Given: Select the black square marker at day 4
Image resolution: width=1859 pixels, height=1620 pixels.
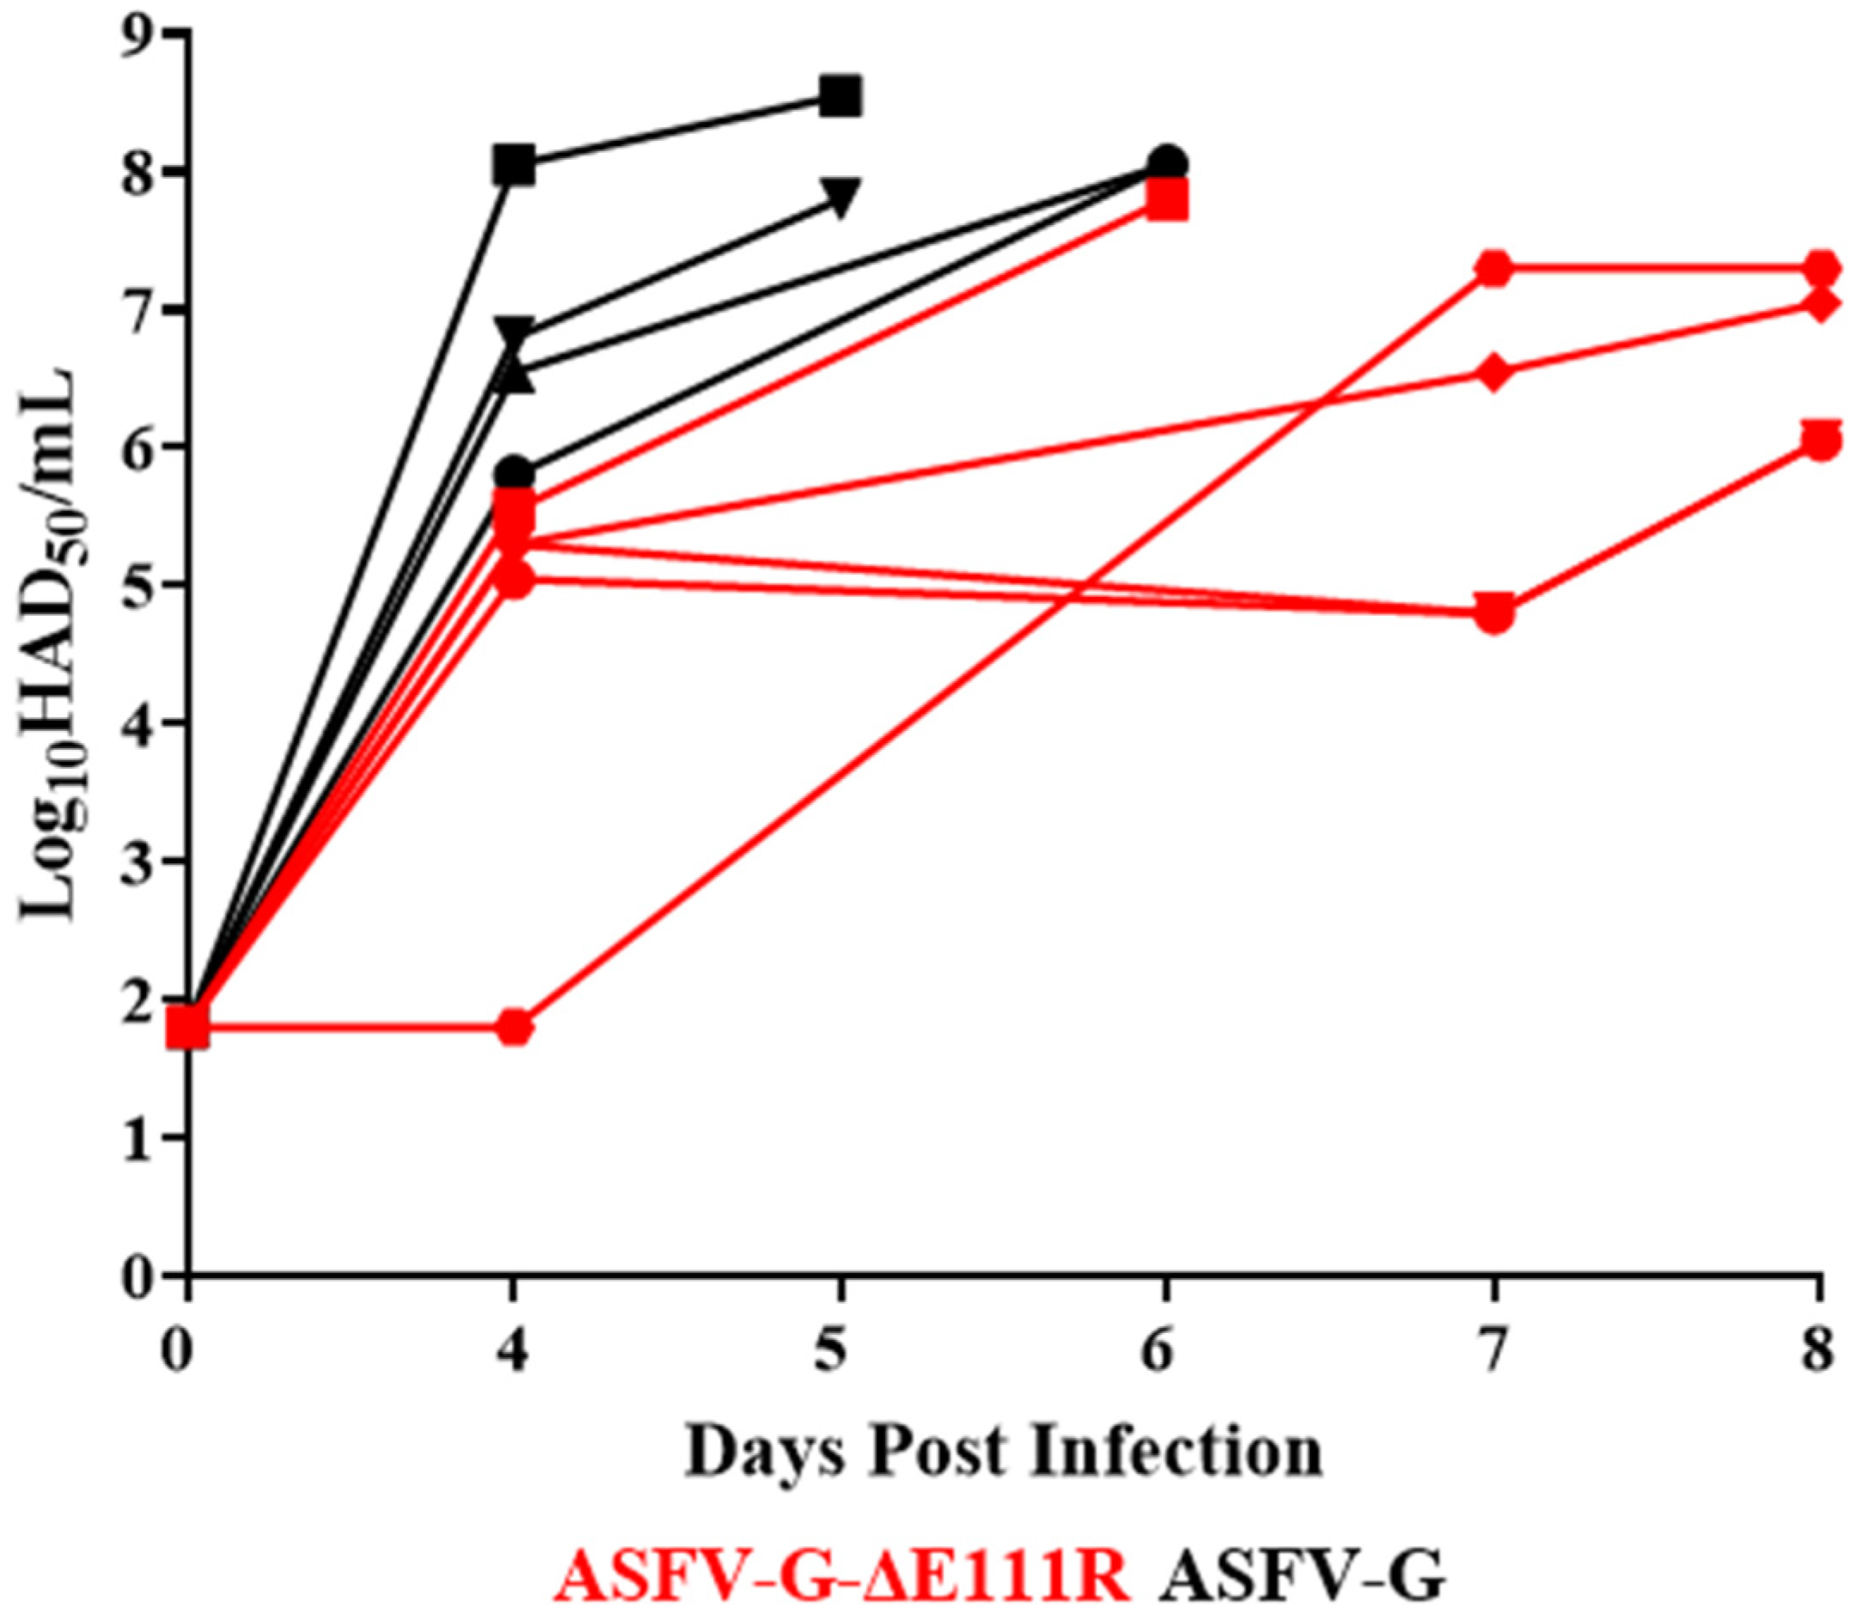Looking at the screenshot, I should (515, 166).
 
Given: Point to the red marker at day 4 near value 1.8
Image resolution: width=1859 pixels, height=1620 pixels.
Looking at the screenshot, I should (515, 1028).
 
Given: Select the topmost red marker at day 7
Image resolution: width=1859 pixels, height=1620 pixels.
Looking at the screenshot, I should (1494, 270).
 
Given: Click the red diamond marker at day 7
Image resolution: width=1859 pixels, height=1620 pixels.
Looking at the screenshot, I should (1494, 373).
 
